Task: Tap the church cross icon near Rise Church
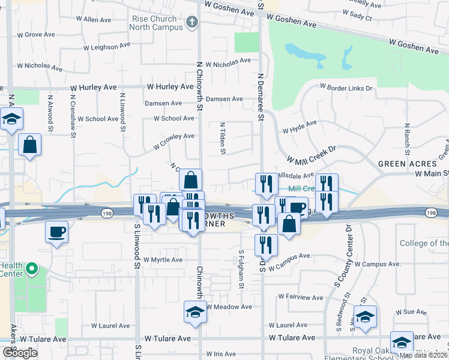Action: (192, 23)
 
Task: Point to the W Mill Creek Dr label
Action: (311, 155)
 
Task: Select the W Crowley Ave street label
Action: (174, 141)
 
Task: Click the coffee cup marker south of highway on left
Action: (57, 232)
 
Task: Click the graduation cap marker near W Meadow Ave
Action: (194, 313)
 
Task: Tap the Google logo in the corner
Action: (19, 353)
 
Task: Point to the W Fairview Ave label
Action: (301, 298)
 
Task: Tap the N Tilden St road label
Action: (222, 139)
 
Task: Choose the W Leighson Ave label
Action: (107, 46)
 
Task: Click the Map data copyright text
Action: (424, 355)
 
